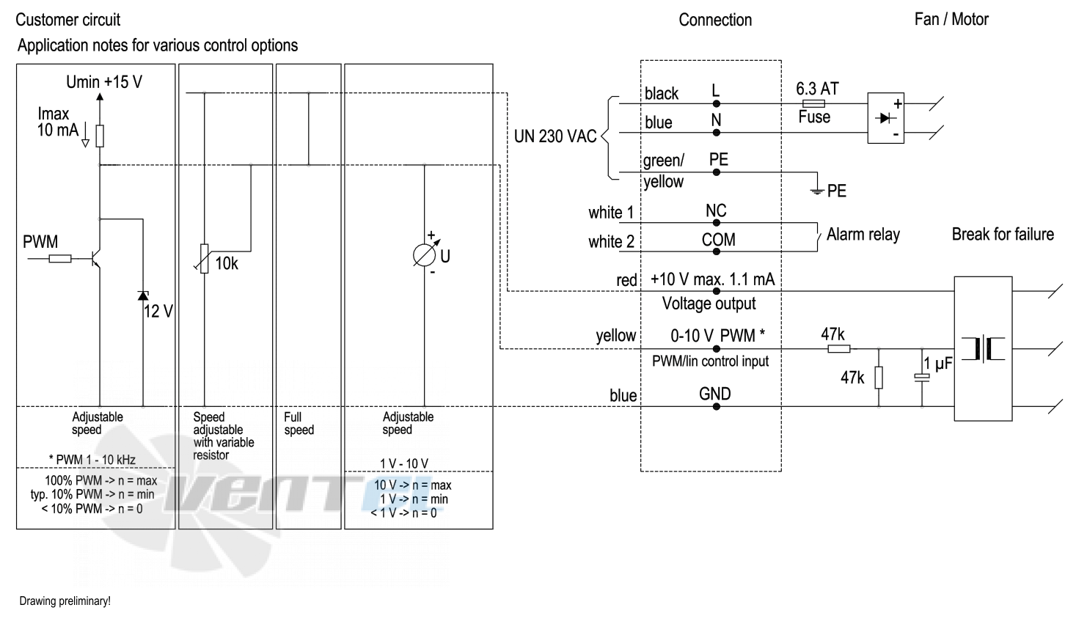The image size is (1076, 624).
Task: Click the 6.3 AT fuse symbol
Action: [813, 103]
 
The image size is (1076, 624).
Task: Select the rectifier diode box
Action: [886, 118]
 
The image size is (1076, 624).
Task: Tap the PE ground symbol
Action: [816, 191]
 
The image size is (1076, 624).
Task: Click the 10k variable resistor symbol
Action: [204, 259]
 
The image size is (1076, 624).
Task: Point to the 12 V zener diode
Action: [143, 295]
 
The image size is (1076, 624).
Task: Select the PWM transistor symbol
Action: [95, 259]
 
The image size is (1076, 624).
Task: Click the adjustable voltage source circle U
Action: [425, 255]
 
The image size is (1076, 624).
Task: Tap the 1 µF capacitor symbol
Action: [922, 378]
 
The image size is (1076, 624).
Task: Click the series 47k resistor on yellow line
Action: [838, 349]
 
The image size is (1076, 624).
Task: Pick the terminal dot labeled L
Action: [716, 104]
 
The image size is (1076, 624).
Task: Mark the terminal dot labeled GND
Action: [716, 407]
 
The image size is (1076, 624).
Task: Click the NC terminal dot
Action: [716, 223]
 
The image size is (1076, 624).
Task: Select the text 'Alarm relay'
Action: [863, 235]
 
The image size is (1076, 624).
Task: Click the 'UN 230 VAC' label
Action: [555, 136]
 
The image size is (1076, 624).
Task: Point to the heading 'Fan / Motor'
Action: [951, 19]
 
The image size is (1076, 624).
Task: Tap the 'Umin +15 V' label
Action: [104, 82]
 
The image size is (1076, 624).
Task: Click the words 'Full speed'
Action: [299, 423]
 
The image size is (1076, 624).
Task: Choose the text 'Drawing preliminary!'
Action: [65, 601]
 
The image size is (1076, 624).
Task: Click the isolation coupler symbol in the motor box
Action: [983, 349]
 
